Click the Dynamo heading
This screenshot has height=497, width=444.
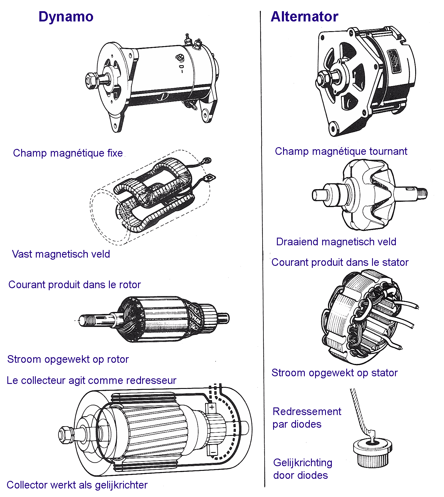click(66, 17)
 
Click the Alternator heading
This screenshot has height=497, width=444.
click(305, 17)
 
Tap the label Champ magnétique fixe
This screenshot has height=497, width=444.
click(68, 153)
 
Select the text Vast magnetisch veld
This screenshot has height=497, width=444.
click(61, 254)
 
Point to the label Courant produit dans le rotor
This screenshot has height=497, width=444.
click(75, 285)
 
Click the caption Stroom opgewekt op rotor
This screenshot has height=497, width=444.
click(68, 359)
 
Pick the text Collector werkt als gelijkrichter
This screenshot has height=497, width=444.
click(77, 485)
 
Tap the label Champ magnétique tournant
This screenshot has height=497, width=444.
click(341, 151)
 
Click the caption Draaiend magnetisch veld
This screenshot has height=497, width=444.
click(336, 242)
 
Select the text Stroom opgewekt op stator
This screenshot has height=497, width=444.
click(334, 373)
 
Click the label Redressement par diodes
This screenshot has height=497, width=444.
click(307, 418)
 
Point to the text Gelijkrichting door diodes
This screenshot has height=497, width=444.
click(303, 469)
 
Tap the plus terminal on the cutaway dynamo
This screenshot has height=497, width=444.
click(212, 407)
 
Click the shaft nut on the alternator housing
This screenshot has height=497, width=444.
click(323, 79)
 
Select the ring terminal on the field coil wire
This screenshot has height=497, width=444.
click(207, 160)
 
